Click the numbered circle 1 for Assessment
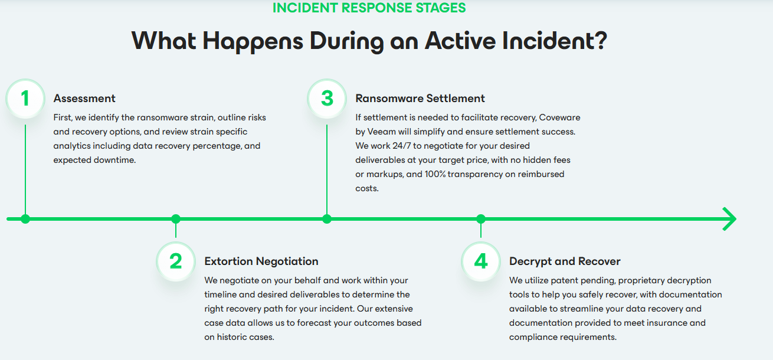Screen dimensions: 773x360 click(25, 99)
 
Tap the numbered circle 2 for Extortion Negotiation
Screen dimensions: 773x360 click(176, 261)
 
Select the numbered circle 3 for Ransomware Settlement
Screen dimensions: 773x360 click(327, 99)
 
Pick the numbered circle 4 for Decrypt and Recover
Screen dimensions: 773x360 click(481, 261)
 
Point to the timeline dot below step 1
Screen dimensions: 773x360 click(25, 219)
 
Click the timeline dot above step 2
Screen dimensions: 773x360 click(176, 219)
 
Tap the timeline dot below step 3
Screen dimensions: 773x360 click(327, 219)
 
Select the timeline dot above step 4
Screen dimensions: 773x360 click(481, 219)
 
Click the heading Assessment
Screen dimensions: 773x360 click(84, 99)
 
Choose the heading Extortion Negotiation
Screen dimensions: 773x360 click(261, 261)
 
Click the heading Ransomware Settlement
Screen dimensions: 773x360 click(420, 99)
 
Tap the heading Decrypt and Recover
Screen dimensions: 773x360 click(565, 261)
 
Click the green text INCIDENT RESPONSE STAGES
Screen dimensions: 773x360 click(369, 8)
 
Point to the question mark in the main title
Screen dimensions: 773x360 click(601, 41)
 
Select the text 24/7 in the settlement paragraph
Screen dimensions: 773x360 click(402, 146)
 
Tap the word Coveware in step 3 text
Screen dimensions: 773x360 click(560, 117)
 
